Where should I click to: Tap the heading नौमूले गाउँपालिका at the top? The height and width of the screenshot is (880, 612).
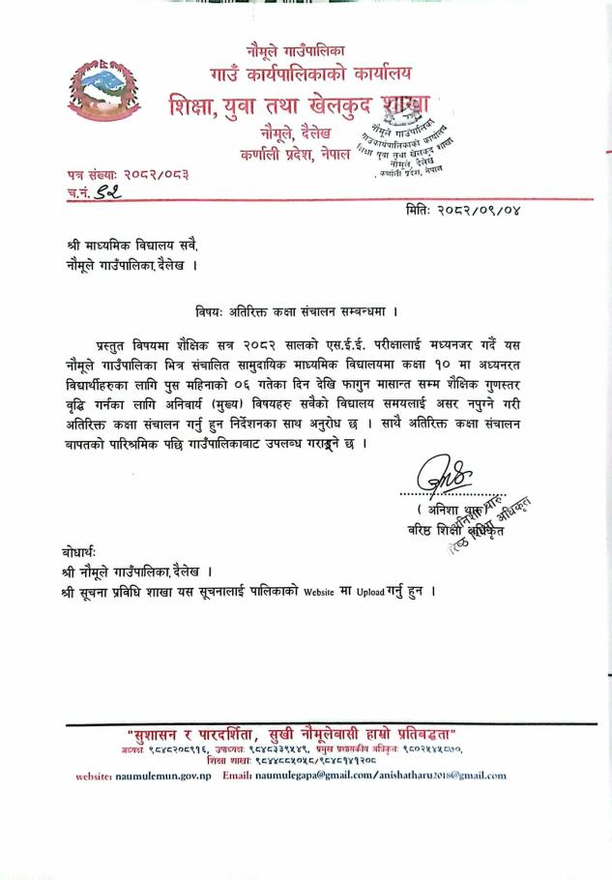coord(296,48)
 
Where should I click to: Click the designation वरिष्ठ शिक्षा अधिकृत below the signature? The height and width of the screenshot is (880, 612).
coord(445,530)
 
